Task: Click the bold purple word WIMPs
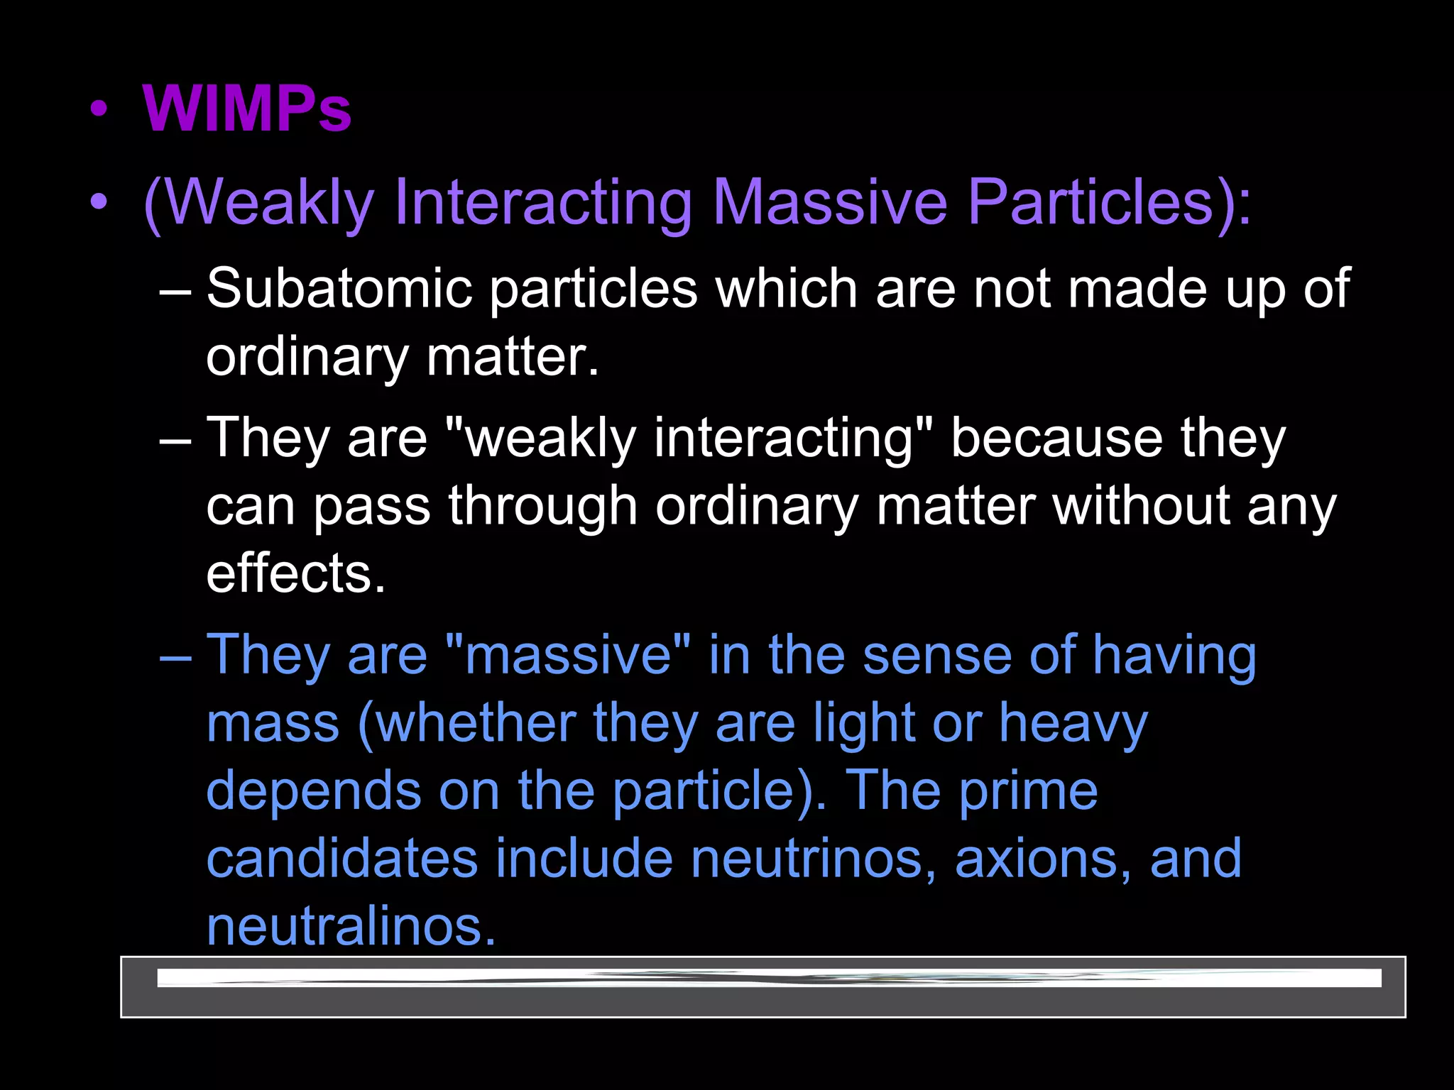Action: (x=246, y=109)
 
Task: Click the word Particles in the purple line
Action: (x=1090, y=202)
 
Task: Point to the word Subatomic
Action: (x=339, y=289)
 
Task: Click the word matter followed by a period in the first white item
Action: (x=513, y=357)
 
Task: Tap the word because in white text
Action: (x=1056, y=438)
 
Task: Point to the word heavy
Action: (x=1073, y=724)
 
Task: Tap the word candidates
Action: (x=341, y=859)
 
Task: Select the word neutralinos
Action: (x=351, y=927)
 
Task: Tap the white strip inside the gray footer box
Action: (x=769, y=978)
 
